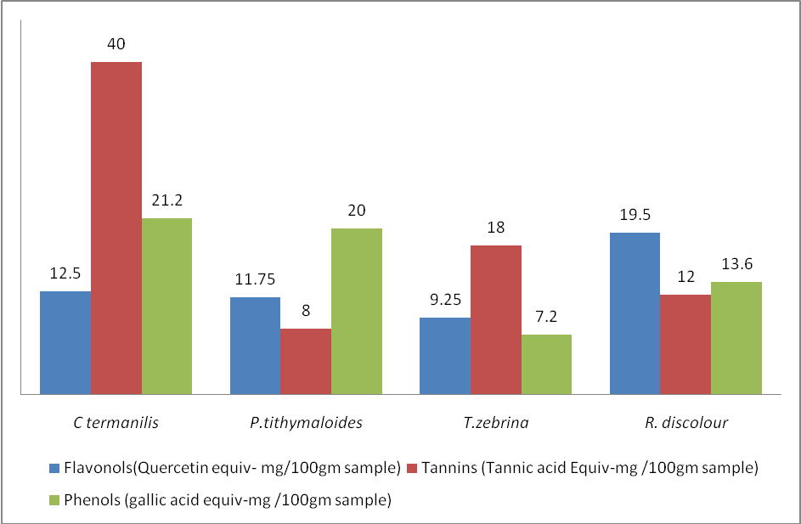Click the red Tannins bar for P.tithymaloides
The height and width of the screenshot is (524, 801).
click(306, 361)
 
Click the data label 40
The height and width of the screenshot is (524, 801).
click(116, 44)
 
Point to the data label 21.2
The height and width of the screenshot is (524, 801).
click(166, 200)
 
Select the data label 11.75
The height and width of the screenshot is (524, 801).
click(255, 279)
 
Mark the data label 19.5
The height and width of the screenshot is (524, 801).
click(635, 215)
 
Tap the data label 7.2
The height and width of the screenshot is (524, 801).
click(546, 317)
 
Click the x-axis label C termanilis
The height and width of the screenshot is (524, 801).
click(116, 422)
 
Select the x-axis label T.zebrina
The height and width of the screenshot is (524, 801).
click(496, 422)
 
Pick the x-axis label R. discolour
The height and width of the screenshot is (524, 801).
click(685, 422)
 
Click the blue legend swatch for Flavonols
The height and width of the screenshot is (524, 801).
click(54, 468)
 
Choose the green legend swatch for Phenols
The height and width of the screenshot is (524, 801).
click(54, 501)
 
